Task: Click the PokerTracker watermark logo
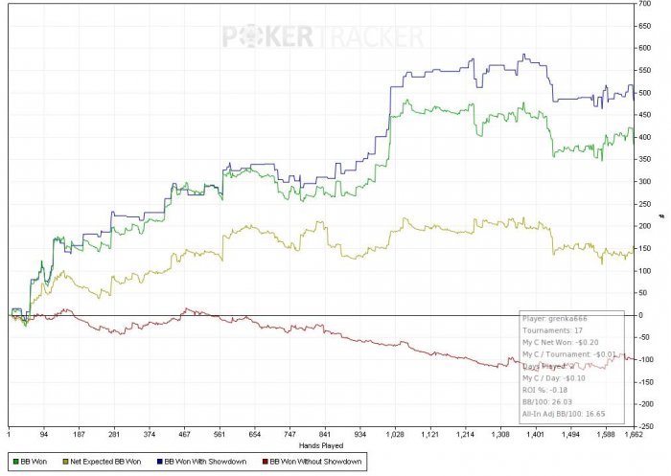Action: click(322, 36)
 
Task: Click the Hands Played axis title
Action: click(321, 445)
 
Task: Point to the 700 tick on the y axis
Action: click(645, 5)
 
